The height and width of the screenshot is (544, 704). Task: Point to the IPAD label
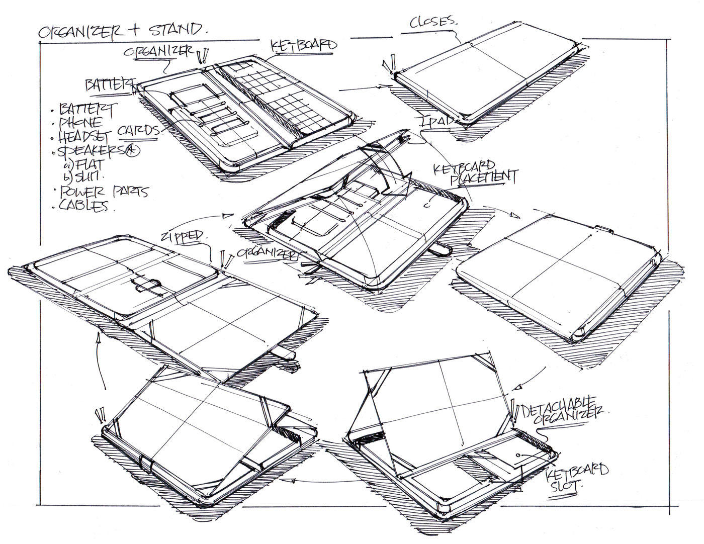click(x=442, y=121)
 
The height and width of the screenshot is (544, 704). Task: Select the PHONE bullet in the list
click(x=80, y=123)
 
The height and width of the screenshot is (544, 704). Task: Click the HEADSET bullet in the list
click(x=87, y=136)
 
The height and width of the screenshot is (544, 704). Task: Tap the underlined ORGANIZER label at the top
click(x=166, y=52)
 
